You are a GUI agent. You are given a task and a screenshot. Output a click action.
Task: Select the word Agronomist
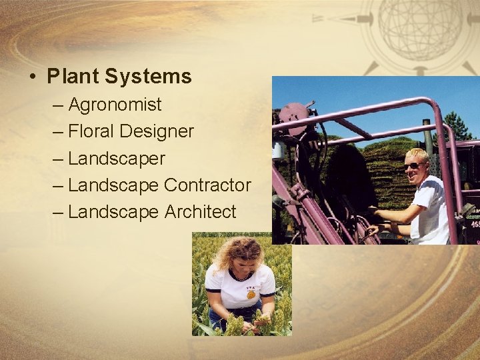115,105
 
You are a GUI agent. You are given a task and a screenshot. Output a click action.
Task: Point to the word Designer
157,131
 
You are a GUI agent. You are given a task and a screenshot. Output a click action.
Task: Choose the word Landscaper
116,159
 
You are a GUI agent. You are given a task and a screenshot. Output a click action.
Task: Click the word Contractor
207,185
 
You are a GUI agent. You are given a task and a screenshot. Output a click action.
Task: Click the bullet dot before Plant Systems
33,77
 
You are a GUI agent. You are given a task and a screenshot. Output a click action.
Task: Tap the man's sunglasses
414,165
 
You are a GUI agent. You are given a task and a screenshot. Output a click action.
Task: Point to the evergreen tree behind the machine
456,127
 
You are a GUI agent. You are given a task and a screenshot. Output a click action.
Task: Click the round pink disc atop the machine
294,112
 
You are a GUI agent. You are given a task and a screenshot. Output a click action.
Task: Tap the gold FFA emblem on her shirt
251,294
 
